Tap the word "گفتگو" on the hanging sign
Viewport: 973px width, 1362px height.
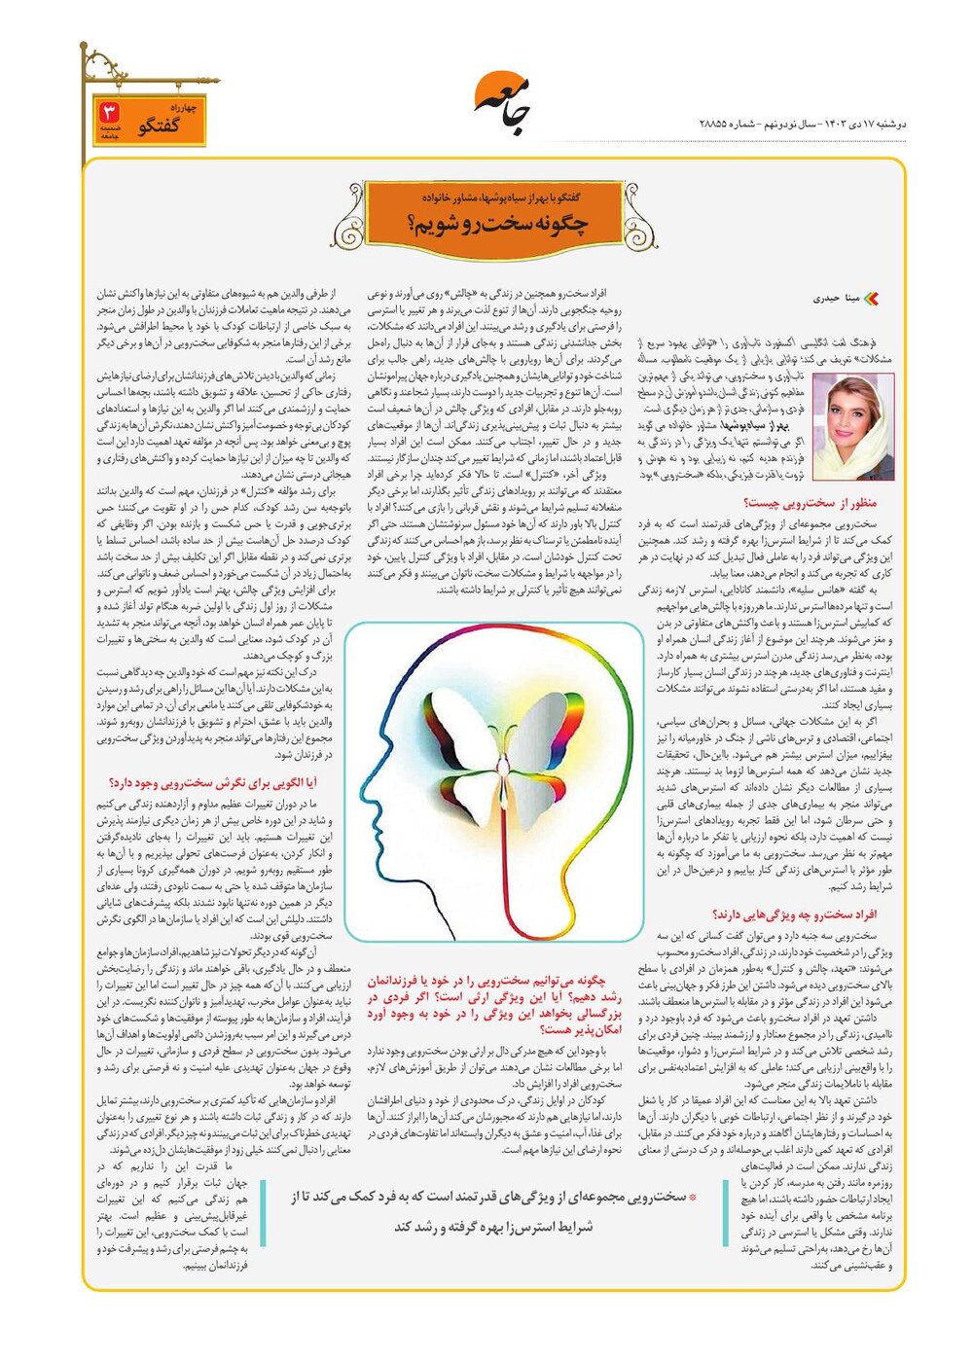[161, 126]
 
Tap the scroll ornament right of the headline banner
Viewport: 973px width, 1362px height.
[640, 216]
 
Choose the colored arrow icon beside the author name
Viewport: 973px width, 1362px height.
[871, 300]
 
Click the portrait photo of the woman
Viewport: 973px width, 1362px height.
[852, 427]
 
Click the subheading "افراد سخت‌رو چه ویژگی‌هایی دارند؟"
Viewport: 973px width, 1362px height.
[795, 914]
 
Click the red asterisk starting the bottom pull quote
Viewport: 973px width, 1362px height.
[692, 1197]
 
